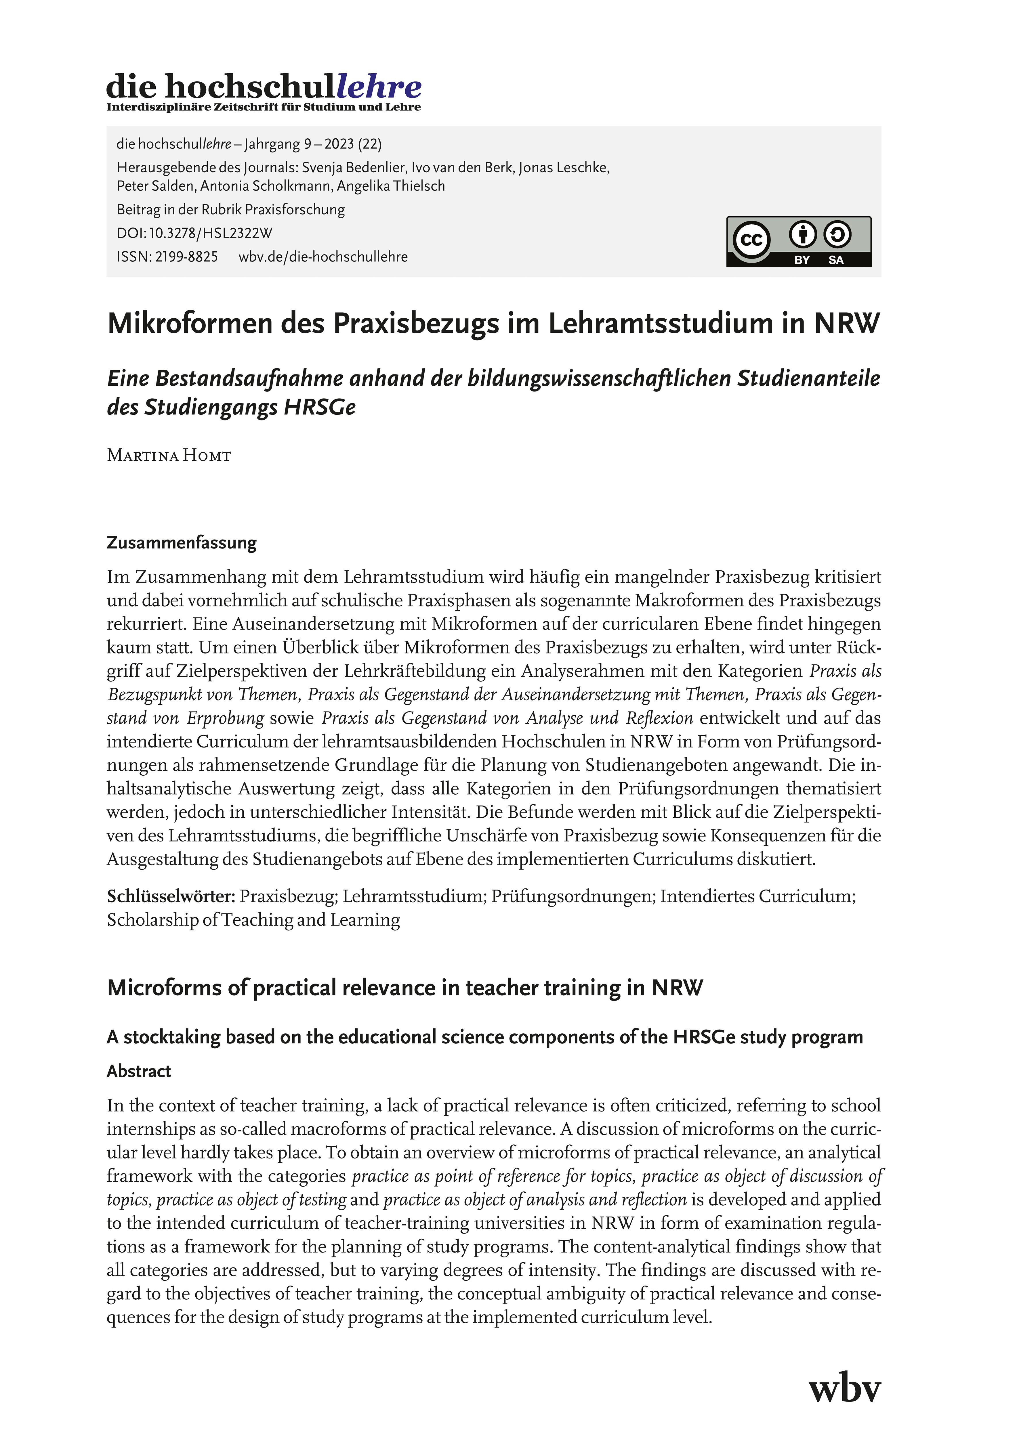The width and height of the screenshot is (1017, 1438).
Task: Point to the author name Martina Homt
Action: click(x=169, y=455)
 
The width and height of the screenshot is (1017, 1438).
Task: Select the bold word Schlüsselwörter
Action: click(x=170, y=896)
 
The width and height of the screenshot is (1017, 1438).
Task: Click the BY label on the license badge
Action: click(x=802, y=260)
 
